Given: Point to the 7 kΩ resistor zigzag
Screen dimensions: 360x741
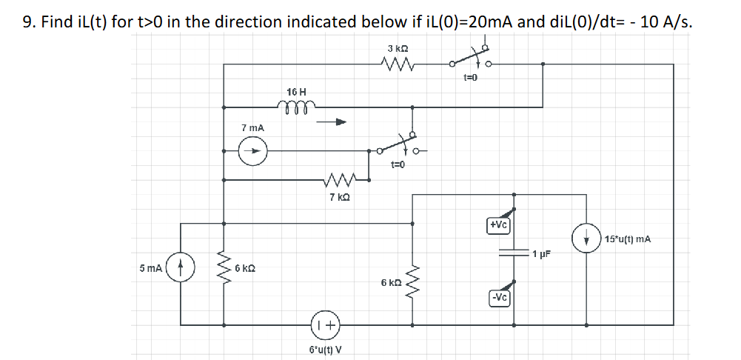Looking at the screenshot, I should pos(338,179).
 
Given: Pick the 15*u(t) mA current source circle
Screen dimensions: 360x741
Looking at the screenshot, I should pos(588,239).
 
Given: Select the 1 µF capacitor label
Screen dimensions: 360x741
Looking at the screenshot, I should pos(543,254).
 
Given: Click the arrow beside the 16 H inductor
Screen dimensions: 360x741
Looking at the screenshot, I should pos(331,124).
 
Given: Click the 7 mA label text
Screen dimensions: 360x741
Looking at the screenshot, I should pos(253,129).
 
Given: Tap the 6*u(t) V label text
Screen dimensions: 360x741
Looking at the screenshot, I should pos(325,349).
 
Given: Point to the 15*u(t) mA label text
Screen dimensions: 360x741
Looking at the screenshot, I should pos(628,239).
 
